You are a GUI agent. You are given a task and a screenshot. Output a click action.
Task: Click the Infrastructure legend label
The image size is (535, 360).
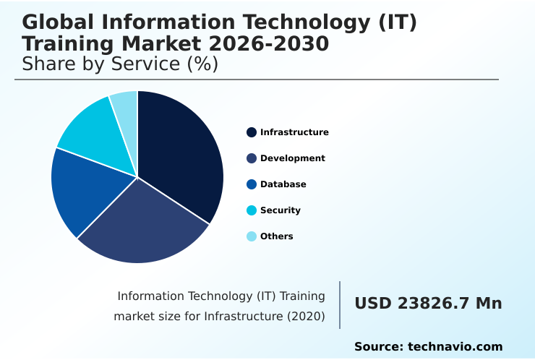tap(294, 132)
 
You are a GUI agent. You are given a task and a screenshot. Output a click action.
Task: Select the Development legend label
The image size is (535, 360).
tap(293, 158)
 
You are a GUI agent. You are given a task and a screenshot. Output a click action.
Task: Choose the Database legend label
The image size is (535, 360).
tap(283, 184)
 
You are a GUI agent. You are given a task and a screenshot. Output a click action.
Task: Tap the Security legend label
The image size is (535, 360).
tap(281, 210)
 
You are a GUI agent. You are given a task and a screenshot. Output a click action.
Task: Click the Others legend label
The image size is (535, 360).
tap(277, 236)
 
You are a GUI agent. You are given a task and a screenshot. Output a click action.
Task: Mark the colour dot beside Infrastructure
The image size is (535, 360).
tap(252, 132)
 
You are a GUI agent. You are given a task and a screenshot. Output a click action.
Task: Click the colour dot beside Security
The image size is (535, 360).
tap(252, 210)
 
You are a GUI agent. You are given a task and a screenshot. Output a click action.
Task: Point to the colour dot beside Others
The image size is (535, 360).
tap(252, 236)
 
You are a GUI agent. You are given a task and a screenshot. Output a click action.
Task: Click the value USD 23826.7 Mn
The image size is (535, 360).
tap(428, 304)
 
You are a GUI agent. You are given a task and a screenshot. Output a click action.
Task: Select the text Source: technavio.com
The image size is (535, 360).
tap(428, 347)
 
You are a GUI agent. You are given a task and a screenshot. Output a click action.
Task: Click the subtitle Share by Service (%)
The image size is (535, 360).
tap(120, 64)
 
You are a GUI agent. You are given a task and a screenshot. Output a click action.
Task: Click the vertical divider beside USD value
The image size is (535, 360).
tap(340, 305)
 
